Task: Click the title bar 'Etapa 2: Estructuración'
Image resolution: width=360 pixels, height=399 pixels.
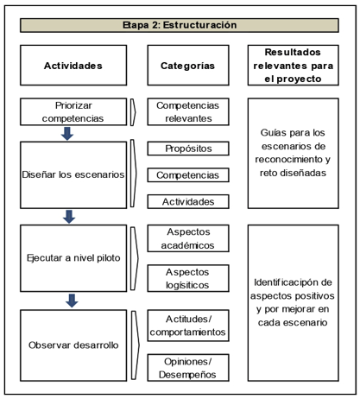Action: tap(180, 25)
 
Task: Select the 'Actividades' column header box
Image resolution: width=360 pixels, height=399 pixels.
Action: tap(73, 65)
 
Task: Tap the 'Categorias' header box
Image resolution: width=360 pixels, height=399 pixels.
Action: tap(188, 65)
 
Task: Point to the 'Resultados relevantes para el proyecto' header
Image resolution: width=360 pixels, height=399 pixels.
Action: tap(294, 65)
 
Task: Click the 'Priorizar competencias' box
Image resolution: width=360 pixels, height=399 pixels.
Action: tap(73, 111)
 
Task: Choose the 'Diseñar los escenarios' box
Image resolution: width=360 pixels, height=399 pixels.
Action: tap(73, 174)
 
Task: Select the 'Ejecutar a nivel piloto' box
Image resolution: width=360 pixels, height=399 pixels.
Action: tap(73, 258)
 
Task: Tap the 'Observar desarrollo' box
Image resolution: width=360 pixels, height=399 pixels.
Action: tap(73, 345)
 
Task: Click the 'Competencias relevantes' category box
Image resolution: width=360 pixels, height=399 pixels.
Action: tap(188, 111)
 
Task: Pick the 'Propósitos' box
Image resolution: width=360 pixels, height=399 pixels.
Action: tap(188, 149)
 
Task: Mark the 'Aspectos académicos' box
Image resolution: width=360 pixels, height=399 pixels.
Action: tap(188, 238)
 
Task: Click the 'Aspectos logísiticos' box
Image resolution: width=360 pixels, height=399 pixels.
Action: tap(188, 278)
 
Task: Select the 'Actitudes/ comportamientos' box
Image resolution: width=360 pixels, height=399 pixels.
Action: tap(188, 326)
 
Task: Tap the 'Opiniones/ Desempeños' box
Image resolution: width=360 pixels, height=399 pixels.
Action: tap(188, 368)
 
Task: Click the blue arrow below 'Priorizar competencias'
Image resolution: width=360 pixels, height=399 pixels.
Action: tap(67, 134)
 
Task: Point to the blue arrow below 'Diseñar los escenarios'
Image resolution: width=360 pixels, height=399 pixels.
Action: tap(69, 217)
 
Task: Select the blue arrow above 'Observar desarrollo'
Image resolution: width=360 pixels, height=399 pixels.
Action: tap(72, 301)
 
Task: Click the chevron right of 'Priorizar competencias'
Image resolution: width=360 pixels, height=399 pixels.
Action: tap(133, 112)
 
